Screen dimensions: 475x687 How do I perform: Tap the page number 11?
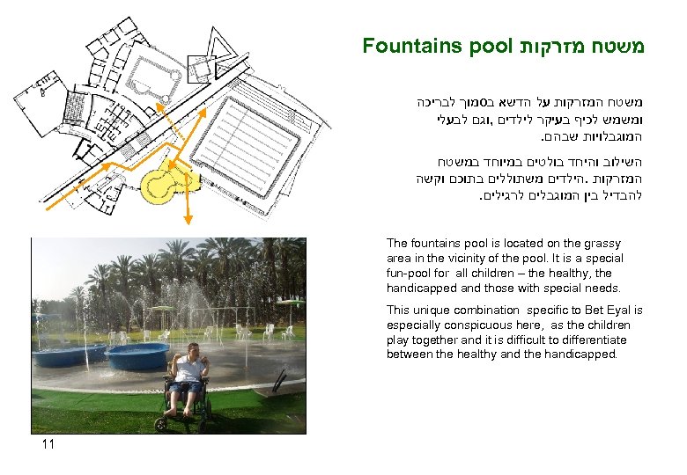48,445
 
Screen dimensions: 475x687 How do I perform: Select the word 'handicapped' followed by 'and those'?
417,289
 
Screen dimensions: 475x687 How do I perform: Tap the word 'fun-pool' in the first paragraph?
407,274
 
